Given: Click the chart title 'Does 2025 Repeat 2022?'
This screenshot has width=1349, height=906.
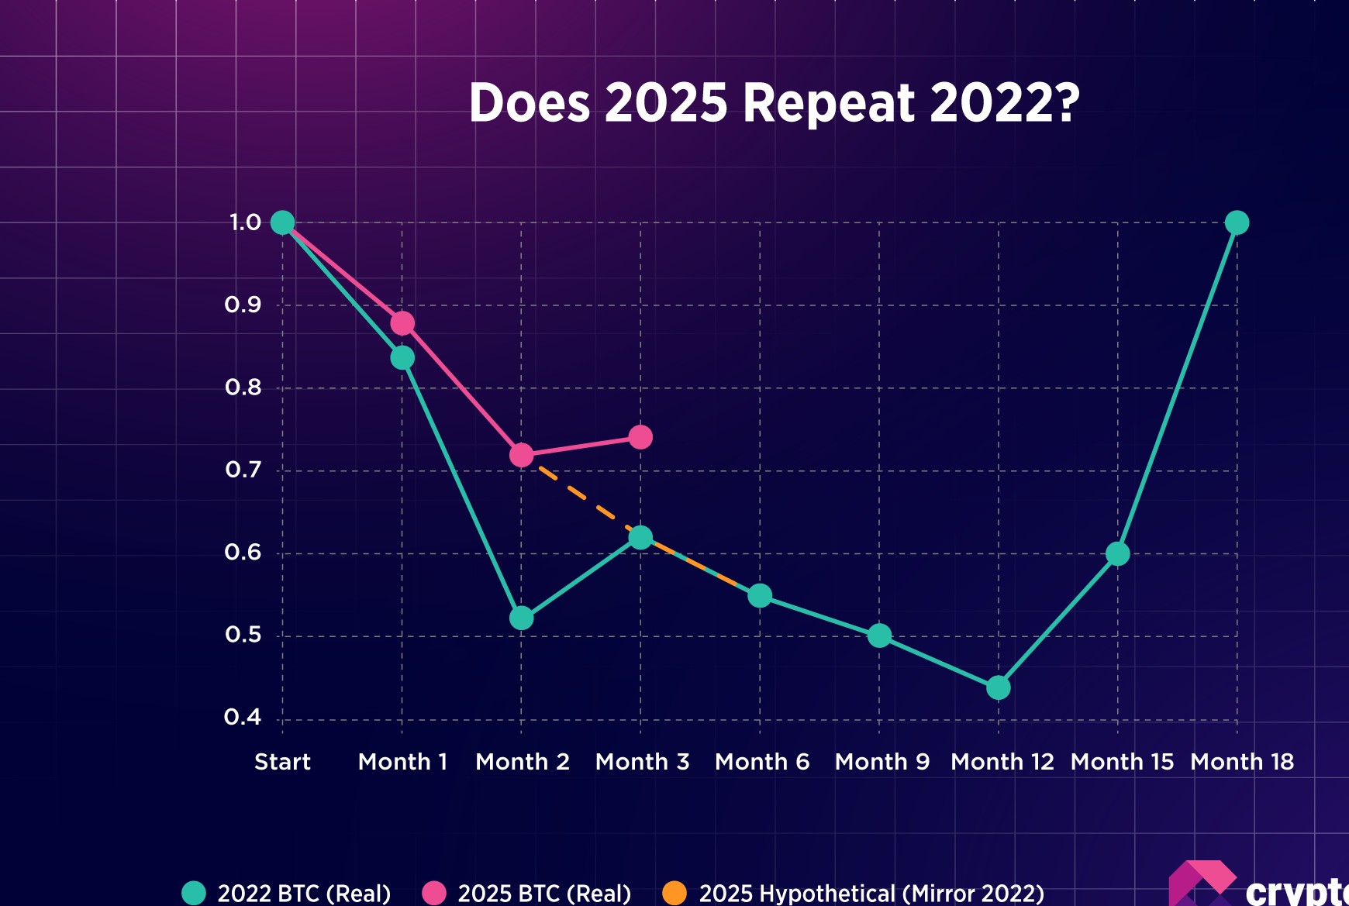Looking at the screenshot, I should (x=774, y=102).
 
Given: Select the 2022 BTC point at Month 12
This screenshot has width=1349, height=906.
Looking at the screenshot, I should (x=999, y=687).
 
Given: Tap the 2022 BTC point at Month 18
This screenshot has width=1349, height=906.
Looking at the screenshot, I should (x=1237, y=222).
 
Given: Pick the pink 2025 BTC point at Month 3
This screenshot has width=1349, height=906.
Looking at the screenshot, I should (x=640, y=437).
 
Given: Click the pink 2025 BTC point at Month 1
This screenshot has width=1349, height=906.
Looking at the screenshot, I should (x=402, y=323).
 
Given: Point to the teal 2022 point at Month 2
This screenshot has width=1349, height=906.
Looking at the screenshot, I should (x=522, y=618).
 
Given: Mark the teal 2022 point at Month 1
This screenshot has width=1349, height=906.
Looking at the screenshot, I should (x=402, y=357).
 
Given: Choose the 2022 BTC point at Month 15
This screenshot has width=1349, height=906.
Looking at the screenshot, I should (x=1117, y=553).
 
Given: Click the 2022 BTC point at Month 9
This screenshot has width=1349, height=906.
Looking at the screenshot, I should (x=879, y=636).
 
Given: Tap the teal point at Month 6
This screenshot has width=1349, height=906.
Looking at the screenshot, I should (x=760, y=595).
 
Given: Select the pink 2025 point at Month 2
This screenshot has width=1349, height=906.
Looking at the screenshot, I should (x=522, y=455).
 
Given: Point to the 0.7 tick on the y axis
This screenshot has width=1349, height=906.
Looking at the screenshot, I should (x=243, y=470).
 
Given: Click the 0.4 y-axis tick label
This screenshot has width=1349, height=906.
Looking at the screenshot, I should (x=243, y=718).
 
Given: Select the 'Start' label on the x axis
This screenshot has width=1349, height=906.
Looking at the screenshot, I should (x=282, y=762).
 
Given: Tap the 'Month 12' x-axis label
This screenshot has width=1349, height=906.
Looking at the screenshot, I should (x=1002, y=762).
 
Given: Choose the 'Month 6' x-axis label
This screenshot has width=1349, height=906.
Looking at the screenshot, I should (x=762, y=762).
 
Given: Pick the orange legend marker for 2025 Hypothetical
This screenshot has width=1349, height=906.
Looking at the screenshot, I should (x=674, y=893).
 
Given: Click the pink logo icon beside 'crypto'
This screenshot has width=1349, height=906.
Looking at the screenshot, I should (x=1202, y=884).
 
